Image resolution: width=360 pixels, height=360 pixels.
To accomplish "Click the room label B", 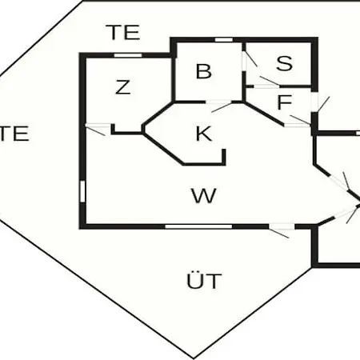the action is coord(204,71).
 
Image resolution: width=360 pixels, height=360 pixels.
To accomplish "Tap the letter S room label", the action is coord(284,63).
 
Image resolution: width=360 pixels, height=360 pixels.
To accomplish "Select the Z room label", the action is coord(123,87).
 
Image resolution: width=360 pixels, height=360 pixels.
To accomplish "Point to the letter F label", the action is coord(285,102).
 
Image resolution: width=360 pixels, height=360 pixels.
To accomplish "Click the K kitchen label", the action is coord(204,134).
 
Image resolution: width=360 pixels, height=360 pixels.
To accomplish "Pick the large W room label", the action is coord(204,196).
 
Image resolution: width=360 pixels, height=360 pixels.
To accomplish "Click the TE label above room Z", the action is coord(123,32).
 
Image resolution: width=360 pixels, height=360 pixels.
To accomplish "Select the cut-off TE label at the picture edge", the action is coord(14,134).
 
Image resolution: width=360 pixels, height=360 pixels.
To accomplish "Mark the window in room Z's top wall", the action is coord(128,55).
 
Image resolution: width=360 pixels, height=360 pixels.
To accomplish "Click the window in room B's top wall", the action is coord(224,40).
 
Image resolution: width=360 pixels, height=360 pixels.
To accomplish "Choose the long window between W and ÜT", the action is coord(198,226).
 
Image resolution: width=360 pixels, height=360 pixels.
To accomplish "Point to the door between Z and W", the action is coord(98,127).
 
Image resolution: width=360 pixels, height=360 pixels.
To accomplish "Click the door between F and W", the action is coord(298,122).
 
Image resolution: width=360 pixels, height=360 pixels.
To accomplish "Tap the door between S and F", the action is coord(266,83).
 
